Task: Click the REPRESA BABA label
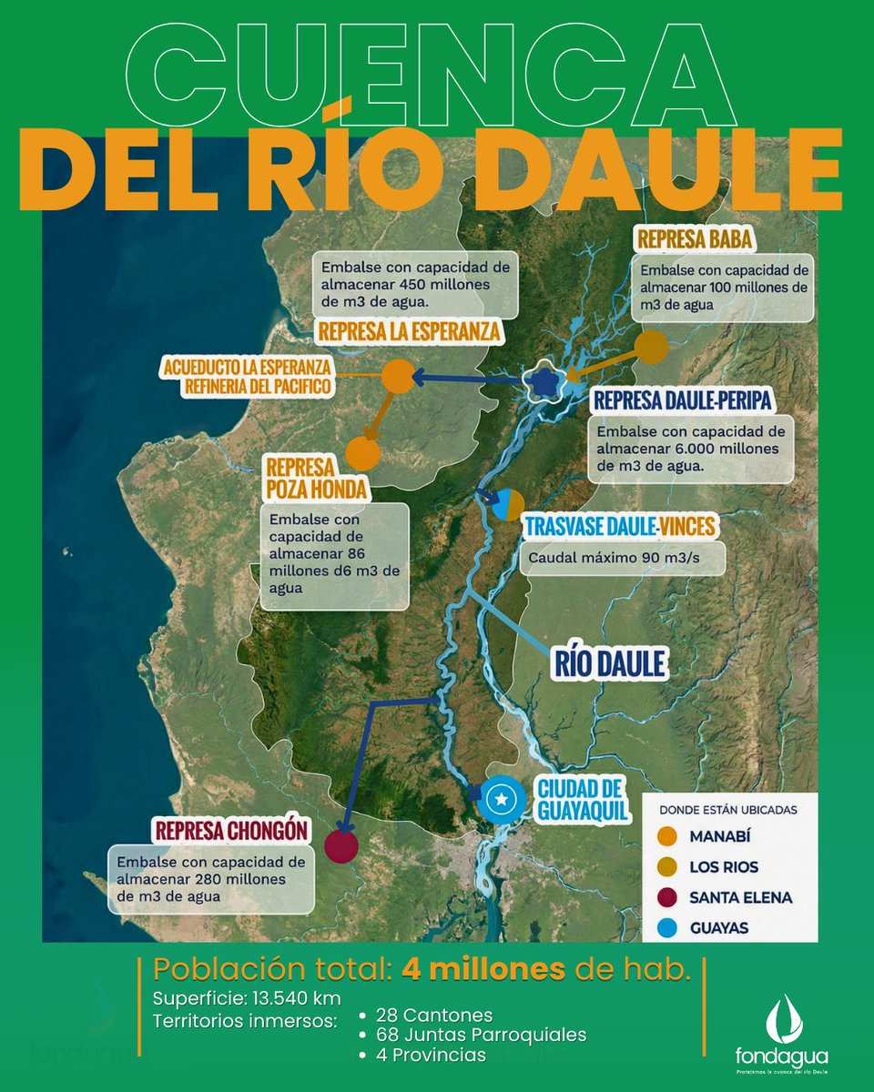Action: [x=695, y=239]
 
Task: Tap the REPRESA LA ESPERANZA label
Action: [x=409, y=332]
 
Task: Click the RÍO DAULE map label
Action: [x=609, y=663]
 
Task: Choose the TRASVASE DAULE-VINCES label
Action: [x=619, y=527]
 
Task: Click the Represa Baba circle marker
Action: [x=651, y=348]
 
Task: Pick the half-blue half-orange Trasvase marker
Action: [x=507, y=503]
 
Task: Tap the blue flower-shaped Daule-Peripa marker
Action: [x=544, y=383]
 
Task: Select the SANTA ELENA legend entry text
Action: [x=740, y=897]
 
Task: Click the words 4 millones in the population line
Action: [x=483, y=970]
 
